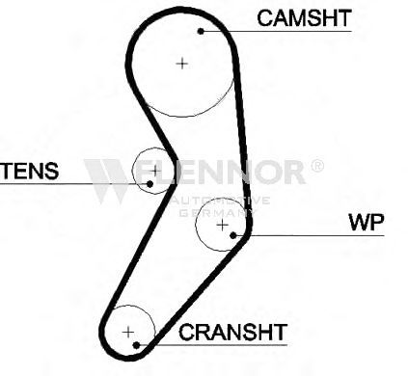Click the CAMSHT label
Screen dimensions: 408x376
point(304,18)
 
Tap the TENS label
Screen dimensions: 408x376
point(30,171)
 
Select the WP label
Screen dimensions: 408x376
point(367,222)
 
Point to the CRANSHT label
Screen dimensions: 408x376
point(232,333)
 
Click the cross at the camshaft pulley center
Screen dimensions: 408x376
point(182,64)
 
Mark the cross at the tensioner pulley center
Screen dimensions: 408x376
point(155,171)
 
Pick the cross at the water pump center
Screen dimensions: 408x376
point(223,225)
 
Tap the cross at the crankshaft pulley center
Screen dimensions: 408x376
point(128,332)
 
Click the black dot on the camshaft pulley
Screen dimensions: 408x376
point(201,31)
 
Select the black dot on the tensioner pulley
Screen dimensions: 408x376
point(150,184)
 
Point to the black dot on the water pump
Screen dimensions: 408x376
point(233,235)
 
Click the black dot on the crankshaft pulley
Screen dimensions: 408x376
point(136,345)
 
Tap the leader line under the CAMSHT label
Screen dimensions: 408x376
point(276,31)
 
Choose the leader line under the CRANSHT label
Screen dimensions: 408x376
point(211,345)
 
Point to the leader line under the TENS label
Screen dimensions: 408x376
point(74,184)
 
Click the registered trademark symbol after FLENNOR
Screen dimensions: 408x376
point(317,165)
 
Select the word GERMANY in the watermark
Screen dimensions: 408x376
point(216,212)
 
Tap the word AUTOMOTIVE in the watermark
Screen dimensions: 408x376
point(220,201)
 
